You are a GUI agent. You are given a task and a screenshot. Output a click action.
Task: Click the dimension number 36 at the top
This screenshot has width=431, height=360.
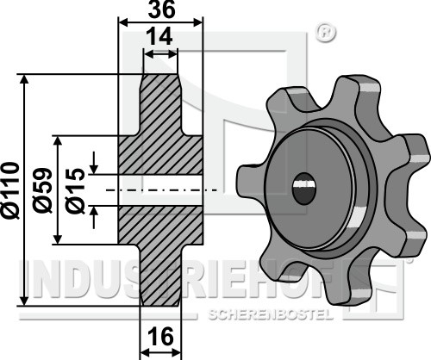click(161, 10)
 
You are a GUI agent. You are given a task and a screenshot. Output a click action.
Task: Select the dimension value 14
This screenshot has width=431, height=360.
click(159, 36)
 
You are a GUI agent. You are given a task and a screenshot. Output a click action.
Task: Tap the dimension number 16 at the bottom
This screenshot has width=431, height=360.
click(161, 337)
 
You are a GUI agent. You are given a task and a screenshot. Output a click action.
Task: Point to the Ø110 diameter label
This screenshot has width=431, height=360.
click(11, 190)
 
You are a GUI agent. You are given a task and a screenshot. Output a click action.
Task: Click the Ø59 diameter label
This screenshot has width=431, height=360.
click(43, 190)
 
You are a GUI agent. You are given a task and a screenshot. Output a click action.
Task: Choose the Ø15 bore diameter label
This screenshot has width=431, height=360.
click(75, 190)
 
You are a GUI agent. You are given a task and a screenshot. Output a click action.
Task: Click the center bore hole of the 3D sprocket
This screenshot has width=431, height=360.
click(303, 189)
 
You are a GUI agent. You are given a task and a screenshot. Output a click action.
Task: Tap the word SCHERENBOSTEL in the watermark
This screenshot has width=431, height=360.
click(271, 315)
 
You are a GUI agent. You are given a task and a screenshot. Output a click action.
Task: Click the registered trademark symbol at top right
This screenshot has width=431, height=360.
click(326, 33)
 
